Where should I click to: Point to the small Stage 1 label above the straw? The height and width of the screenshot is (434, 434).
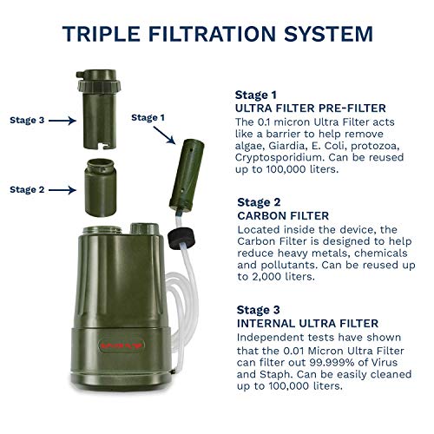coord(147,116)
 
